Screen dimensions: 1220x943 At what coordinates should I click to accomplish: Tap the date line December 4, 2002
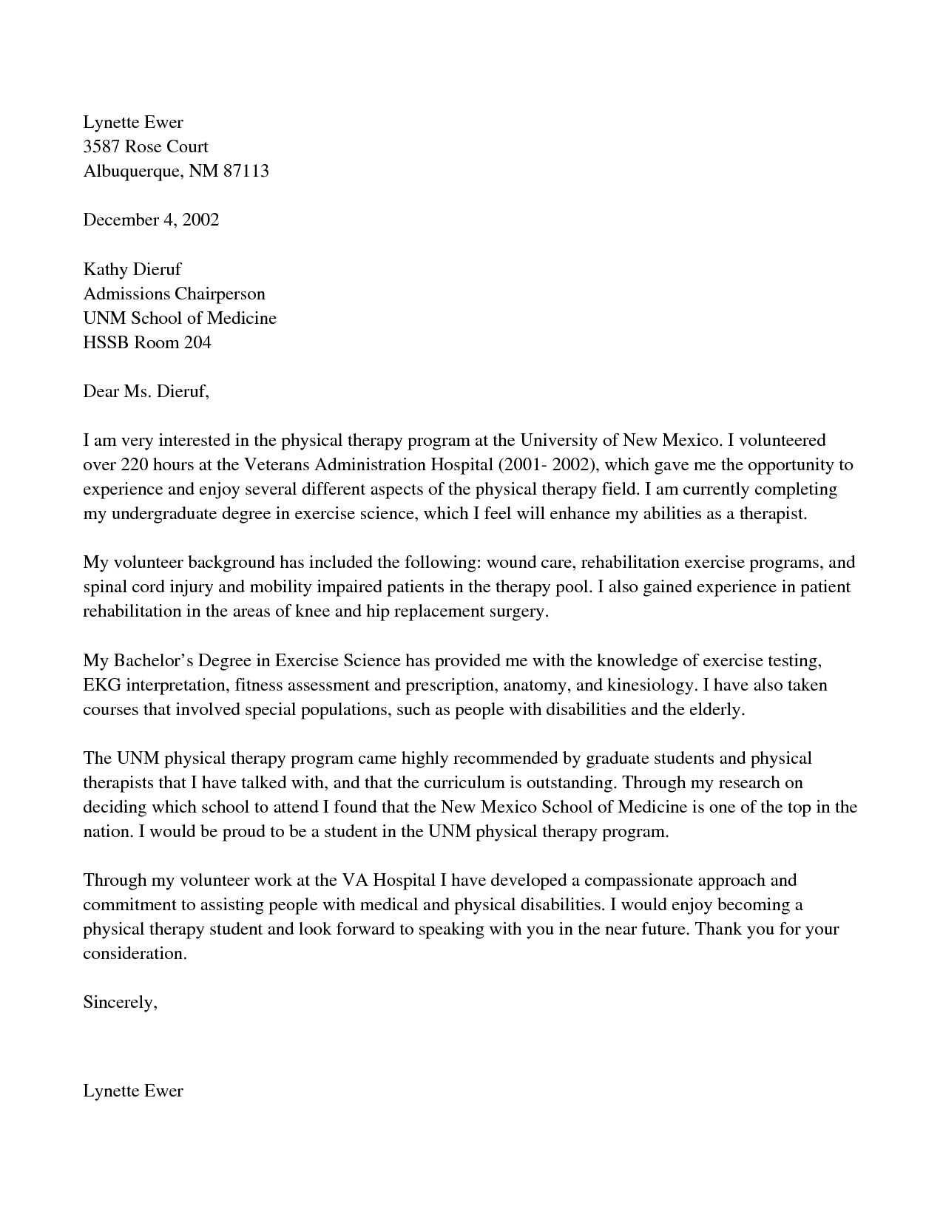pos(151,220)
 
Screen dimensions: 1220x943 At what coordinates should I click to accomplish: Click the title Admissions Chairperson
pos(174,294)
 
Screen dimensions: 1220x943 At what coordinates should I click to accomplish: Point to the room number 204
pos(198,342)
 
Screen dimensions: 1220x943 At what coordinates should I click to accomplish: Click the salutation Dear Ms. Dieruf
pos(146,391)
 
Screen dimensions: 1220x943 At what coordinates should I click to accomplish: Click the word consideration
pos(134,953)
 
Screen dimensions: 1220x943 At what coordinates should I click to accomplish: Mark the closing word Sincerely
pos(120,1002)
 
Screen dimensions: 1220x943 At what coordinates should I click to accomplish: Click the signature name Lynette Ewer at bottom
pos(133,1090)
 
